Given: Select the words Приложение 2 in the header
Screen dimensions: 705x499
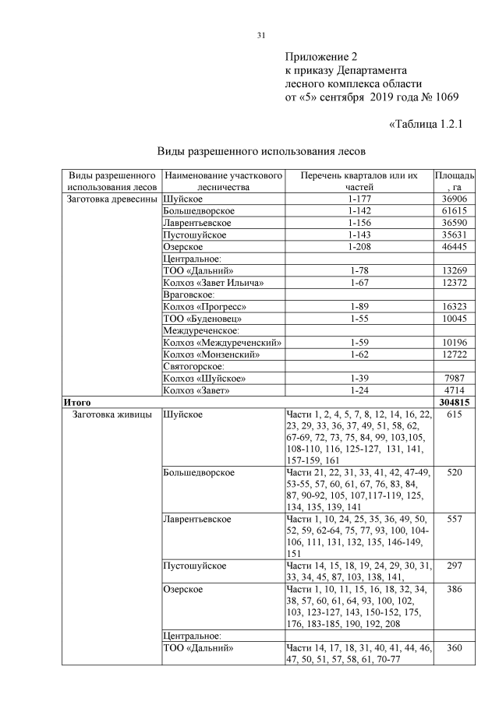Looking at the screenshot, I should [x=320, y=57].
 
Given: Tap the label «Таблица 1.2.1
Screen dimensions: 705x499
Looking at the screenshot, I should [x=425, y=124].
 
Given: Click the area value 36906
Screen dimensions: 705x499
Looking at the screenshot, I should [x=453, y=199].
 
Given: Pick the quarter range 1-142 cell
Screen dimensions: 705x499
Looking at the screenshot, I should [x=359, y=211].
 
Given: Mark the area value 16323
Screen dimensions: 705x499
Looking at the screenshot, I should [x=453, y=305].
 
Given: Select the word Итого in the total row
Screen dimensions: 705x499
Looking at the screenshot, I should [x=78, y=402].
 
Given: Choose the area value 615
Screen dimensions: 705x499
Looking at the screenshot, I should [x=453, y=414].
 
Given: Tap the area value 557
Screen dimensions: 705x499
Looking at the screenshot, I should [x=453, y=519].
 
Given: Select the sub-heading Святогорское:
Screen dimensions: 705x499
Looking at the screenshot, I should [x=193, y=365].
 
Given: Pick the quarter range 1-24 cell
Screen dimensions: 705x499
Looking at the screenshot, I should [x=359, y=390].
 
